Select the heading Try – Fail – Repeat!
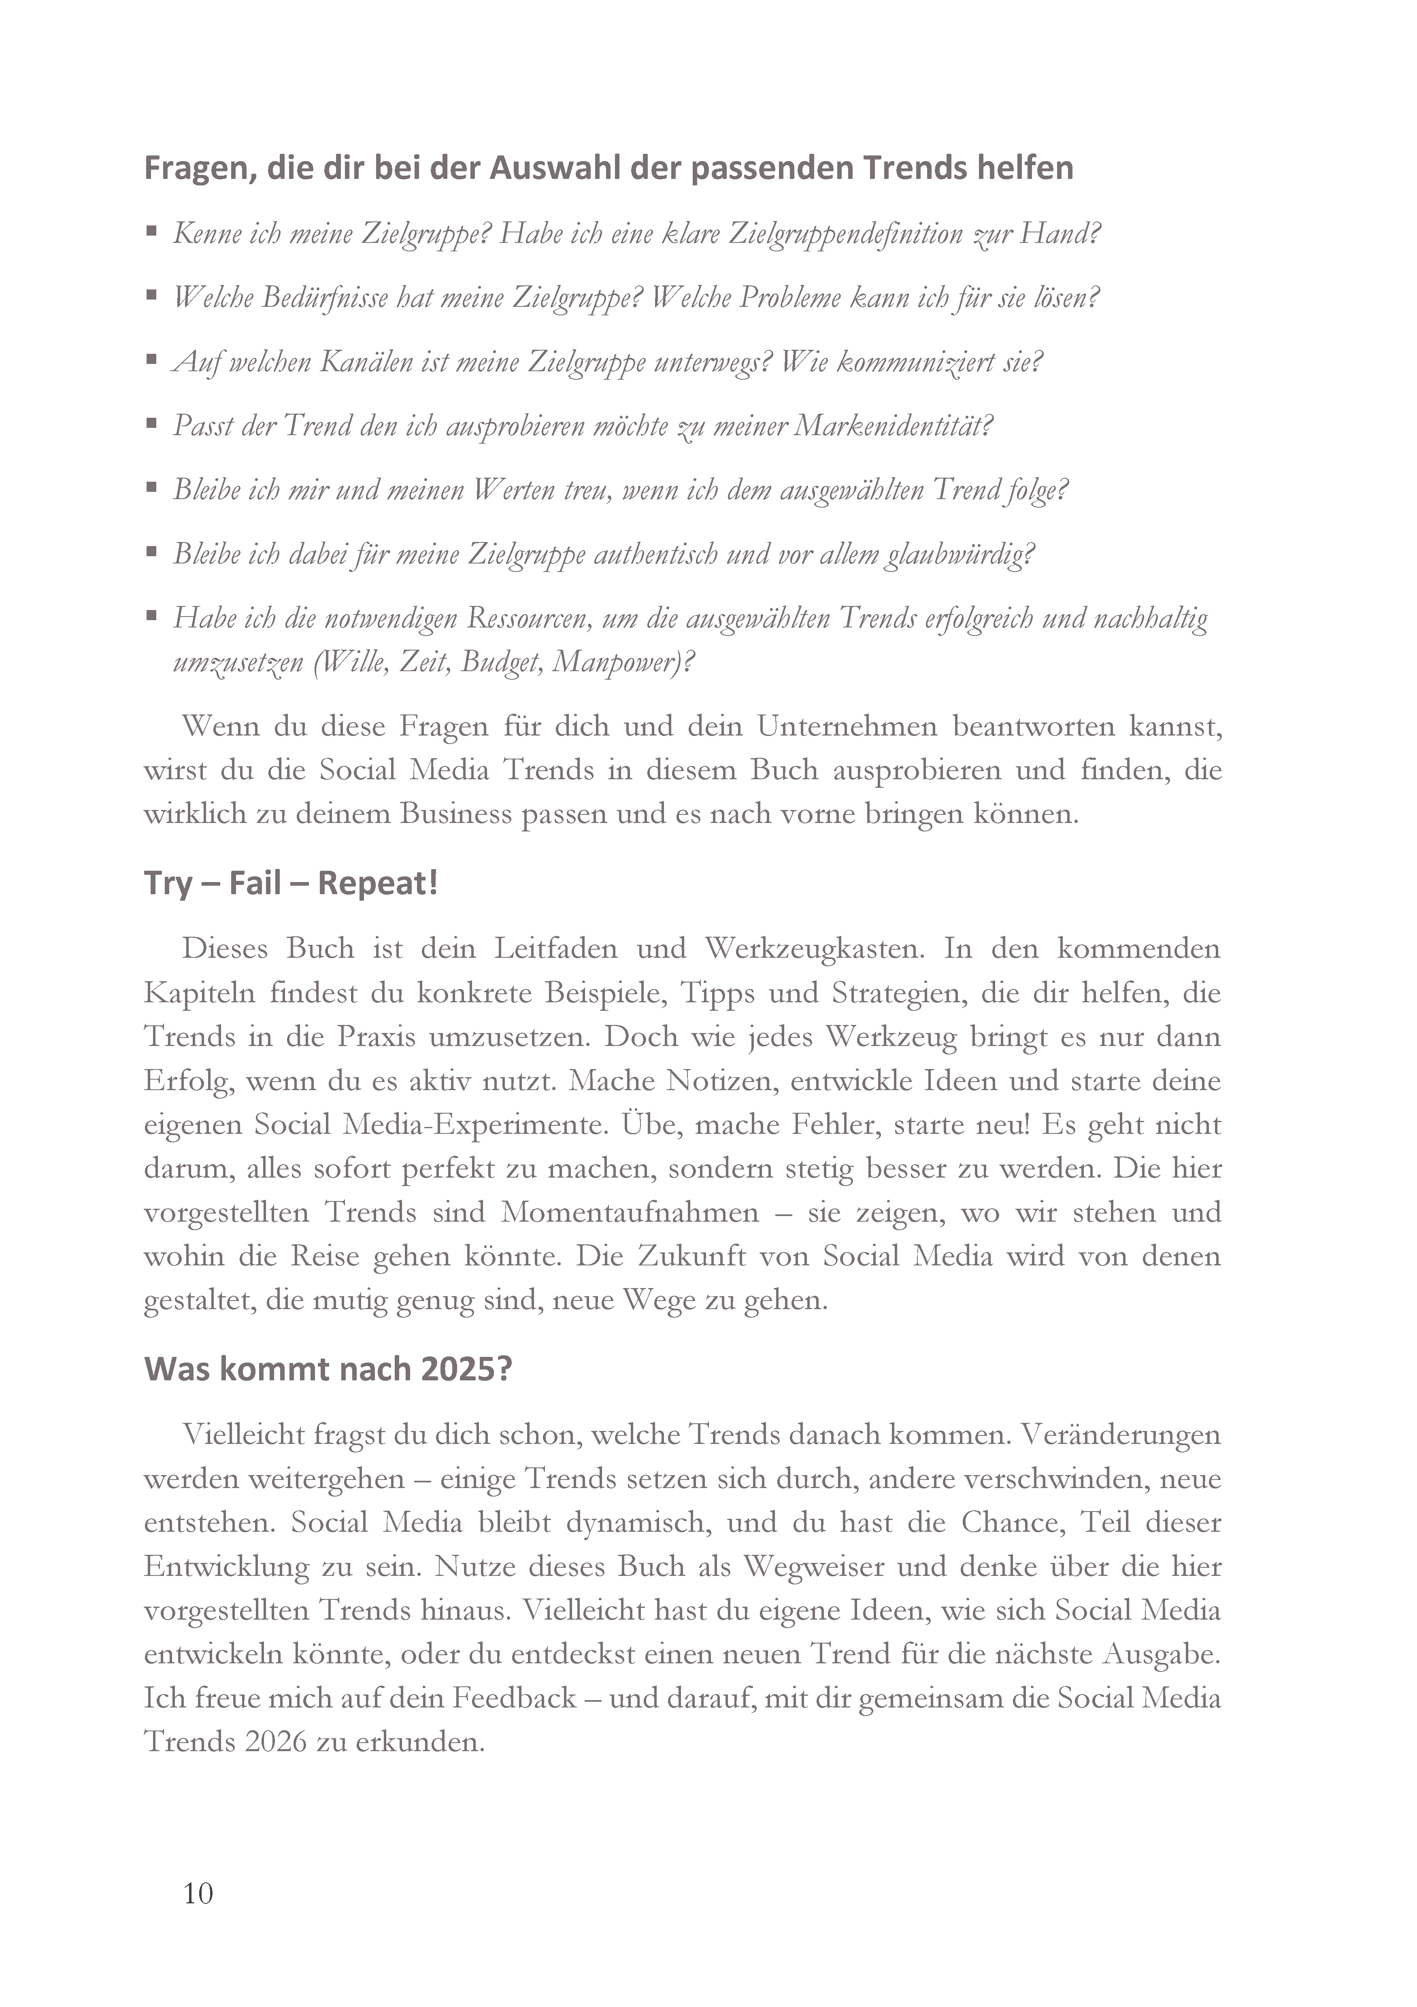pos(290,884)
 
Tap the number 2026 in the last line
pos(275,1742)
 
